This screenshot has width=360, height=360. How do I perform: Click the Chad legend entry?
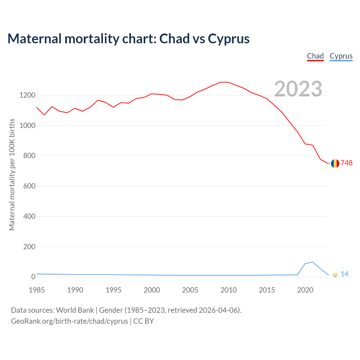[x=315, y=56]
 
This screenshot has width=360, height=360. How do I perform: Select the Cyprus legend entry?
[x=341, y=56]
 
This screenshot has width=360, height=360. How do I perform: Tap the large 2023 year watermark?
[x=298, y=89]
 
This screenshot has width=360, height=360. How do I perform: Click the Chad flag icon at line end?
[x=335, y=163]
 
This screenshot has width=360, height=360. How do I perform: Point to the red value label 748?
[x=346, y=163]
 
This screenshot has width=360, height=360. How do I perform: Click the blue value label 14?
[x=345, y=274]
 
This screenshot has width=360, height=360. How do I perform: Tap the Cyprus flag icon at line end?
[x=335, y=274]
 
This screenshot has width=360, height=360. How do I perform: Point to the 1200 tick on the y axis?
[x=27, y=95]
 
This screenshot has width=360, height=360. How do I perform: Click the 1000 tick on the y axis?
[x=27, y=125]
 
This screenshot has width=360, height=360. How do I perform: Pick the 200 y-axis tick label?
[x=29, y=247]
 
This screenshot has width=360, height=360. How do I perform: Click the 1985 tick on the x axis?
[x=37, y=290]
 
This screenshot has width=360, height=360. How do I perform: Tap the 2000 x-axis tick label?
[x=152, y=290]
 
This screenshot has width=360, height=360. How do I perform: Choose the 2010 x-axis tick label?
[x=228, y=290]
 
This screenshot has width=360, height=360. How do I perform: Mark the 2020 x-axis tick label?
[x=305, y=290]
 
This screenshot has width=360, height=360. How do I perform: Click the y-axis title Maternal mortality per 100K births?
[x=12, y=174]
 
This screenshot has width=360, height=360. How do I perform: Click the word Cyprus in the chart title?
[x=229, y=39]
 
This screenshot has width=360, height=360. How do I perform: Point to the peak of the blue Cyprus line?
[x=312, y=262]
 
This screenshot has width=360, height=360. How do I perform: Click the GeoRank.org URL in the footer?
[x=69, y=321]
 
